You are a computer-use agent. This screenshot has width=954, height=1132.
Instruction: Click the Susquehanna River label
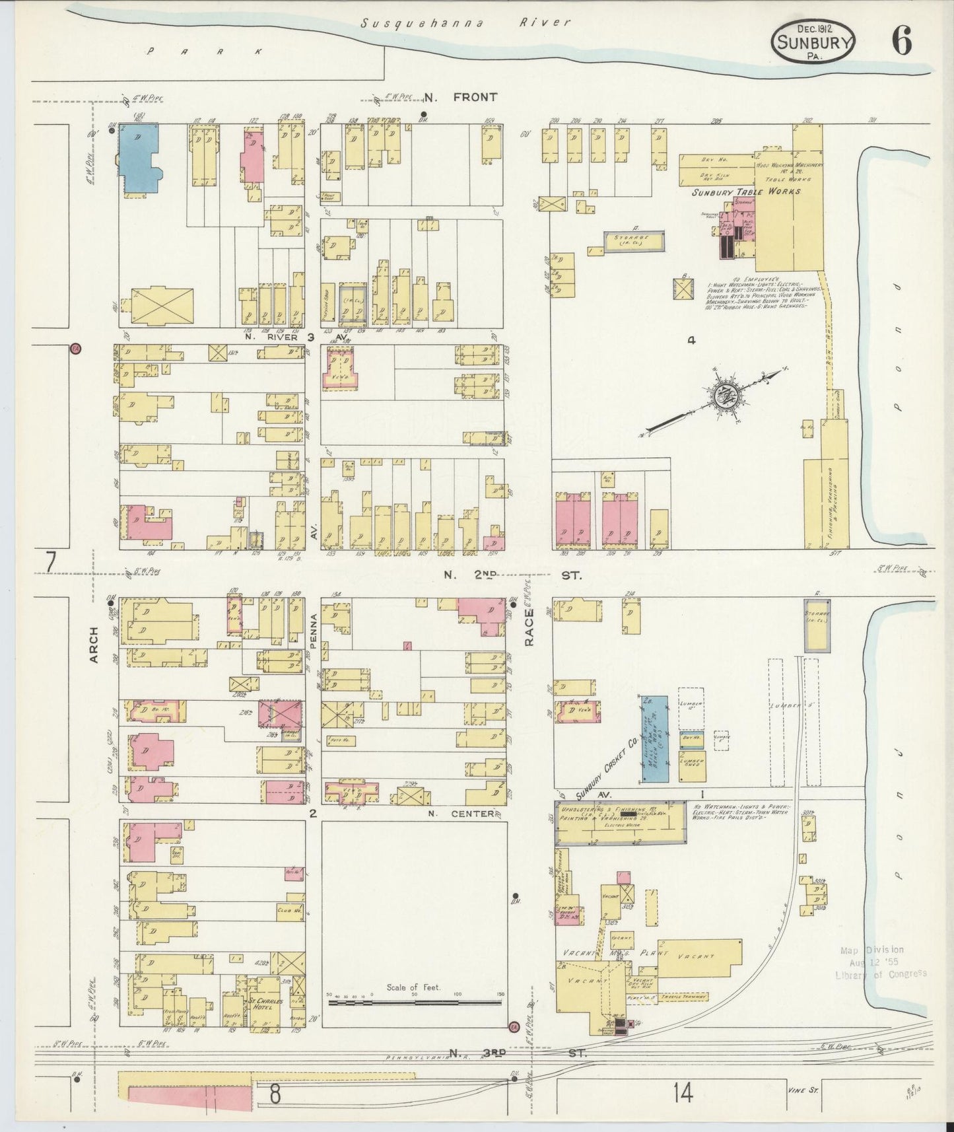point(465,23)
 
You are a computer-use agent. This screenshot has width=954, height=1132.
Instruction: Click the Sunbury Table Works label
point(746,192)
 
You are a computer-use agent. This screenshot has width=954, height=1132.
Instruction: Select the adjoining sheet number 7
point(50,561)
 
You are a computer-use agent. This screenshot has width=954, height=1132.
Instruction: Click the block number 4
point(691,341)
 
